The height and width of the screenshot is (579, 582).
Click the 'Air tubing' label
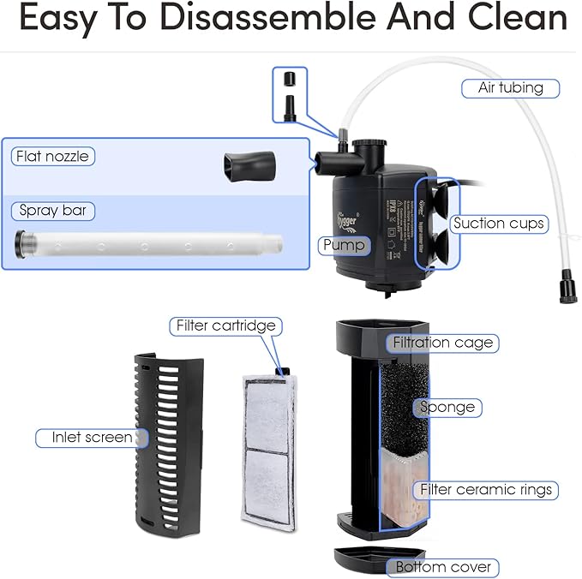point(511,88)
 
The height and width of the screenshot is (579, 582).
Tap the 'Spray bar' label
point(52,210)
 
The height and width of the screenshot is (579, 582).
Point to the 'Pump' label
point(344,246)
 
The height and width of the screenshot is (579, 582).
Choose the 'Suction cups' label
point(499,224)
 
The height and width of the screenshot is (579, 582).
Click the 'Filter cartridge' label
point(226,325)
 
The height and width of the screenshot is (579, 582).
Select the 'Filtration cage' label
point(442,343)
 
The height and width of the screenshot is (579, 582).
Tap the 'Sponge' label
point(447,407)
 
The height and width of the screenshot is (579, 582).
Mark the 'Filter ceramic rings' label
point(485,491)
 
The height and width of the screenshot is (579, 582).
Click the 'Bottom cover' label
point(443,567)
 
